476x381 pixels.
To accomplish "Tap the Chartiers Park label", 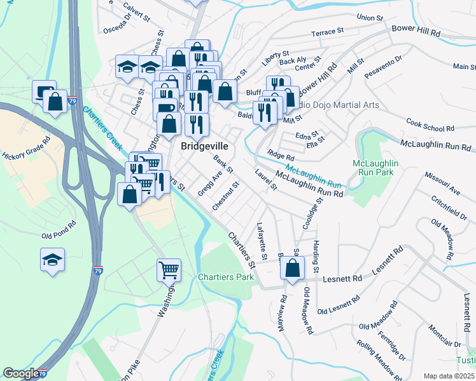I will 225,277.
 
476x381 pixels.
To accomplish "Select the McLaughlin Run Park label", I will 375,168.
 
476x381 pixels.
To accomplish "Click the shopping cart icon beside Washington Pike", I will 169,269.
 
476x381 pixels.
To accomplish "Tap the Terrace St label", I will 327,31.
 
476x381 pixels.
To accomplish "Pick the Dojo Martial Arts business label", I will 349,105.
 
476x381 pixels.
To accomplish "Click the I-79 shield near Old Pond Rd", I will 97,270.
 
